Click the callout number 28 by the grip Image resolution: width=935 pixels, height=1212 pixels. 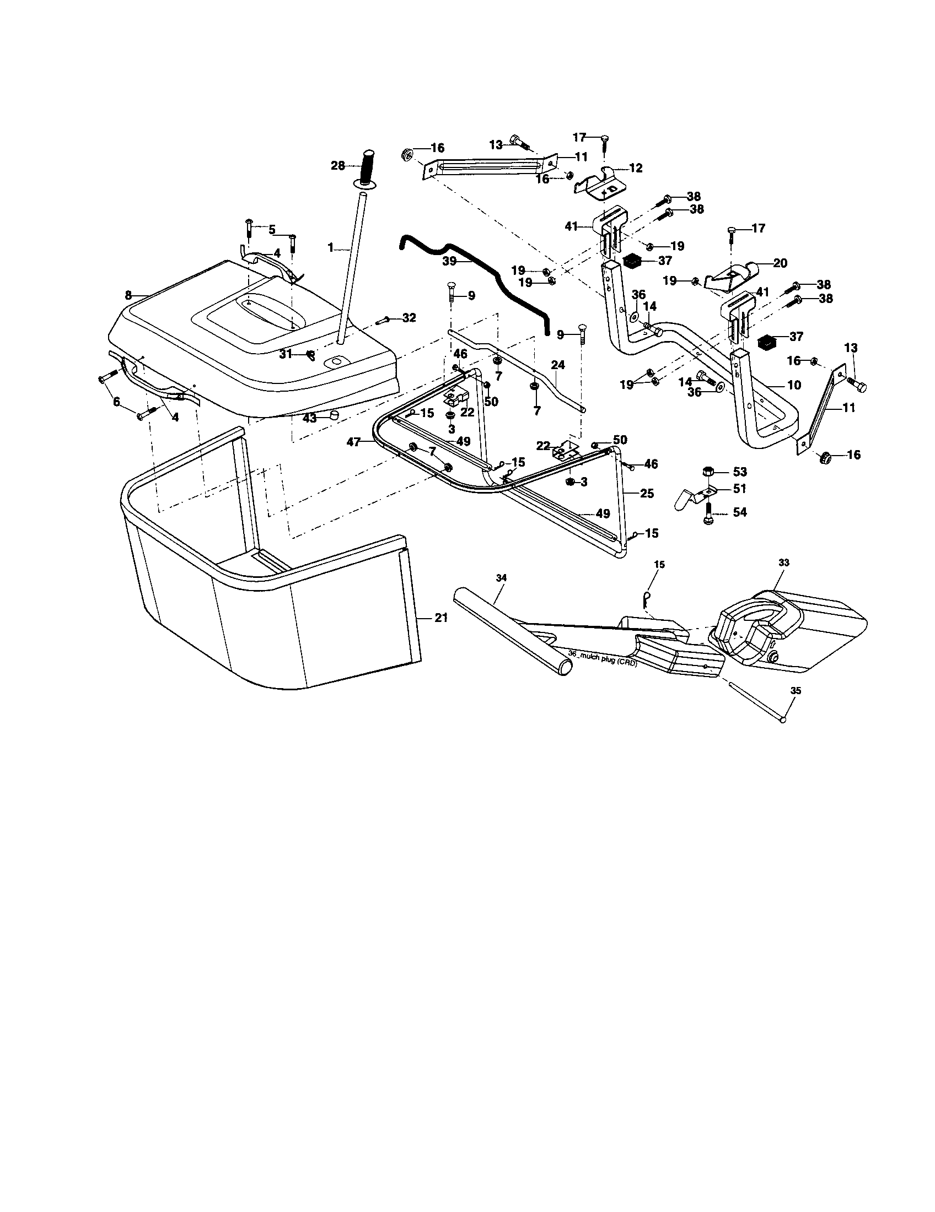pos(337,165)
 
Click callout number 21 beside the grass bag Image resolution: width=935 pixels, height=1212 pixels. pos(441,618)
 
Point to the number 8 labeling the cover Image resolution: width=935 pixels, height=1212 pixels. pos(128,296)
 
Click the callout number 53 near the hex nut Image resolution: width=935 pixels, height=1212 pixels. pos(739,472)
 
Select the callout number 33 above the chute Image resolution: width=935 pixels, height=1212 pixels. pos(784,562)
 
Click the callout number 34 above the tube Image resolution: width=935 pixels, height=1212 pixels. pos(501,578)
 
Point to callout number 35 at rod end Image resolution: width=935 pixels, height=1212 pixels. pos(796,691)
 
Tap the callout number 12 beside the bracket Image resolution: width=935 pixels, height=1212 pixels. pos(636,168)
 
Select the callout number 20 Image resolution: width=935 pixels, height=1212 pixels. pos(780,263)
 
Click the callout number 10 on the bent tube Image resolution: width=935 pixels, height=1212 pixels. pos(794,385)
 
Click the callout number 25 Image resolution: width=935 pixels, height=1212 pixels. pos(647,493)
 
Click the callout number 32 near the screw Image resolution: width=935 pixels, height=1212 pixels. pos(409,318)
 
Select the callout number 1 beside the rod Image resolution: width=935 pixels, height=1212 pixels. pos(330,248)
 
